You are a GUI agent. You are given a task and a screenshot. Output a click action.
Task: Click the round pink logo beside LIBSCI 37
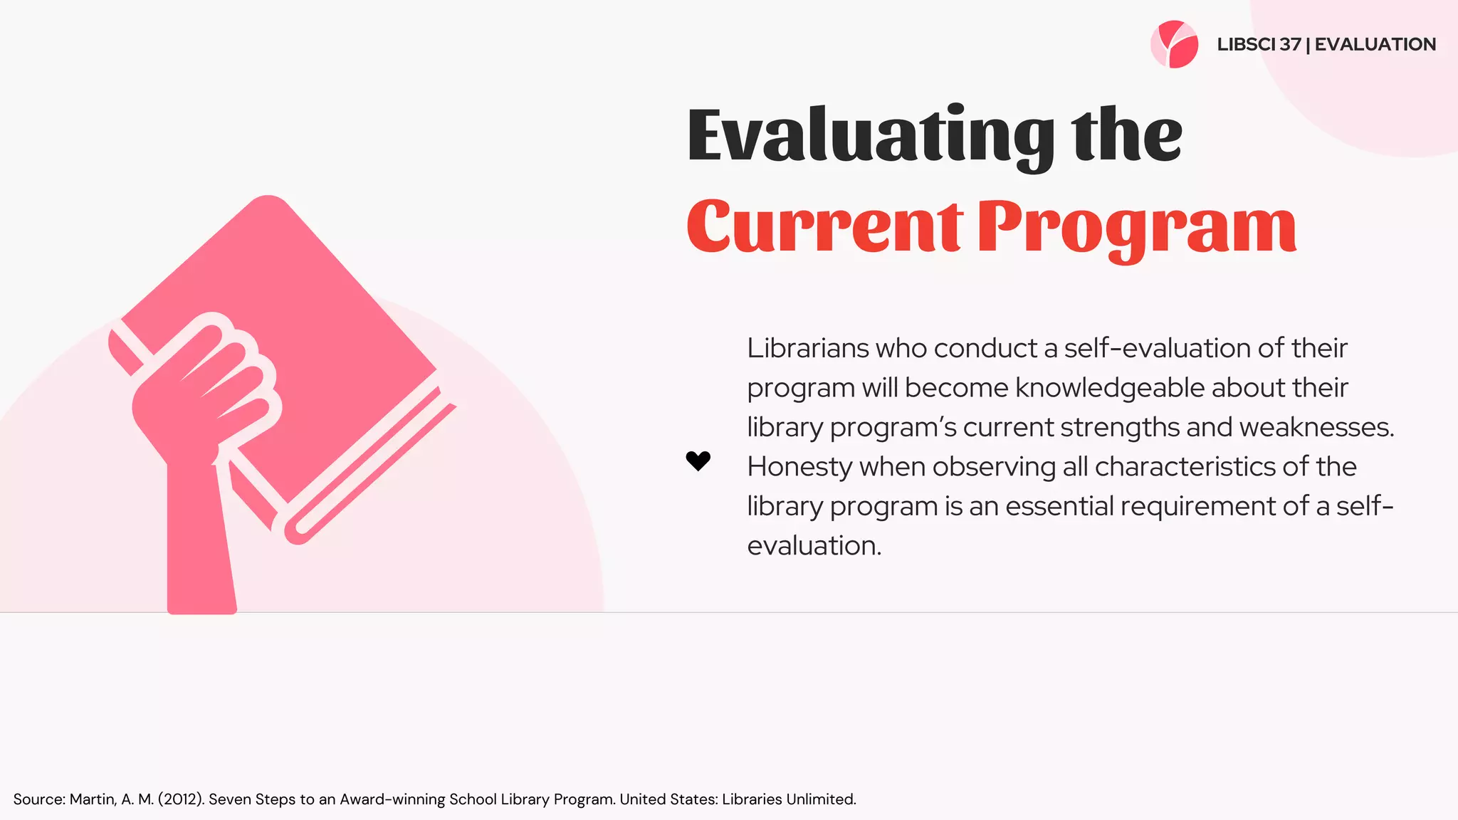(x=1174, y=44)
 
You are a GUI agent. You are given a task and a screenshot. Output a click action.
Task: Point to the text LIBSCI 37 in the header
(x=1259, y=44)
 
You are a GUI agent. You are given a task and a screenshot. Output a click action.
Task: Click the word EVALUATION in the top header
(x=1375, y=44)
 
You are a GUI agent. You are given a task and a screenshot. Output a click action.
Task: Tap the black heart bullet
(x=698, y=461)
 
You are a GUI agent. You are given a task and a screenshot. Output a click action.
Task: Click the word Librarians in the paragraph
(x=808, y=348)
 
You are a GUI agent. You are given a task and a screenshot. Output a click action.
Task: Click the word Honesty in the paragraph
(x=799, y=467)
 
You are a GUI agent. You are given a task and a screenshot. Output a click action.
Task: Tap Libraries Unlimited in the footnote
(x=788, y=799)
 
